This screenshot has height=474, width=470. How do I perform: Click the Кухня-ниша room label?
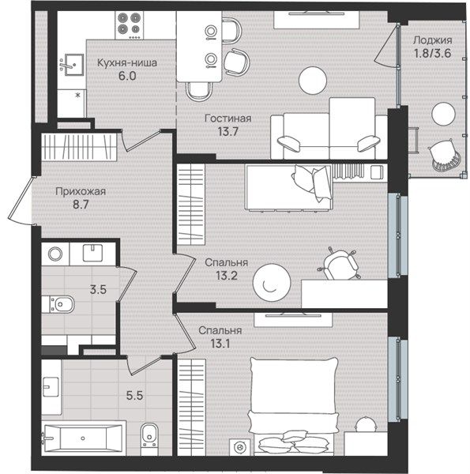(127, 63)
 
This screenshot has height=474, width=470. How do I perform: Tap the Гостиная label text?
(228, 118)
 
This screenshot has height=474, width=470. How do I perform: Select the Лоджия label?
(433, 40)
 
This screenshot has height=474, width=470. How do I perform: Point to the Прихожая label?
(81, 191)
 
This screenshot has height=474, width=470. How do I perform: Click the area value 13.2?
(227, 276)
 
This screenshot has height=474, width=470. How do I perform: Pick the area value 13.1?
(220, 344)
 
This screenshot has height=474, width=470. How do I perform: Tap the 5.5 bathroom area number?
(134, 395)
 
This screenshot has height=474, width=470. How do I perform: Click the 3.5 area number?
(98, 290)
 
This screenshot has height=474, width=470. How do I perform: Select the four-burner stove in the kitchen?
(130, 25)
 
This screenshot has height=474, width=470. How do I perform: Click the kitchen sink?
(72, 65)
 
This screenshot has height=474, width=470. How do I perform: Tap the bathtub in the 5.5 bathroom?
(82, 438)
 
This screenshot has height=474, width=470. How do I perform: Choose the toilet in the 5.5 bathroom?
(149, 434)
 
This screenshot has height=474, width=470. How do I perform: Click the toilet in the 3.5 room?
(58, 304)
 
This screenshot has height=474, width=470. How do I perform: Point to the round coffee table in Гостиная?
(313, 81)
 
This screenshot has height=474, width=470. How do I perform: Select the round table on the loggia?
(443, 114)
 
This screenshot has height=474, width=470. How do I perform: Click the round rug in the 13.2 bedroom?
(272, 283)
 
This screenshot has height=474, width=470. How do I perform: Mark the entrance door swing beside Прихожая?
(21, 201)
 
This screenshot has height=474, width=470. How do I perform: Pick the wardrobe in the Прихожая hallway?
(79, 147)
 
